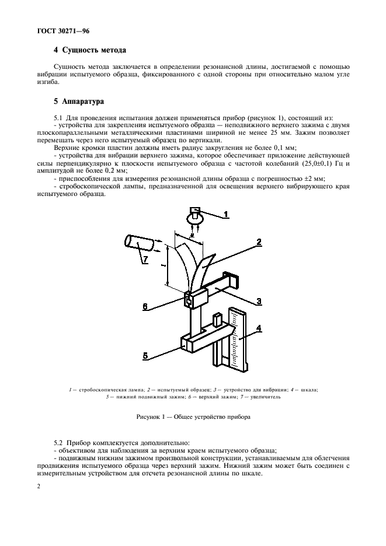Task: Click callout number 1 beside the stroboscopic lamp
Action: point(227,214)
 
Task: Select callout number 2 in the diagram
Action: point(258,241)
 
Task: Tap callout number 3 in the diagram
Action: point(258,301)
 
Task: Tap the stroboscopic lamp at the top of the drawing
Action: point(195,216)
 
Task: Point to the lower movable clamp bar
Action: point(199,342)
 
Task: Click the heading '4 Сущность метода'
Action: point(90,51)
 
